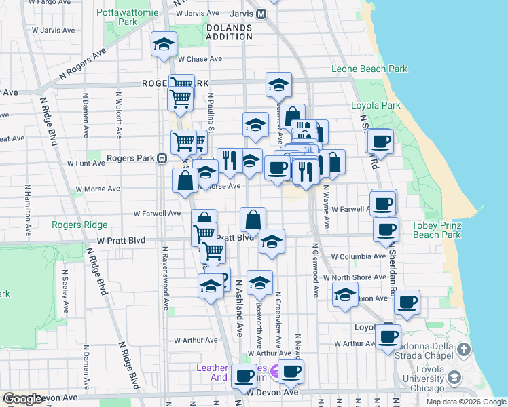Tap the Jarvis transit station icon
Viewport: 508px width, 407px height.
tap(261, 14)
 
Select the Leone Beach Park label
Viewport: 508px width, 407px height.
tap(369, 69)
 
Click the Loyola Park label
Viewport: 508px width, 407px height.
tap(376, 105)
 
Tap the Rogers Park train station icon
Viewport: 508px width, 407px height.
tap(162, 159)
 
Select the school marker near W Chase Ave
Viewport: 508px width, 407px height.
tap(164, 44)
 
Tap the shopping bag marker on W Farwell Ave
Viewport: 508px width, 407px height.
tap(253, 220)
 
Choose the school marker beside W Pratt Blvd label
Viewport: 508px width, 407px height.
tap(272, 242)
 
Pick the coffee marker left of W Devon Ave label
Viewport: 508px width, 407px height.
tap(244, 375)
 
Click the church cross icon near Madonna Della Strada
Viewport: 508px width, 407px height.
tap(463, 350)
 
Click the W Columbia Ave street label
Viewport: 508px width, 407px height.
tap(358, 256)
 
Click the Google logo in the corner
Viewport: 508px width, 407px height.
tap(22, 399)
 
